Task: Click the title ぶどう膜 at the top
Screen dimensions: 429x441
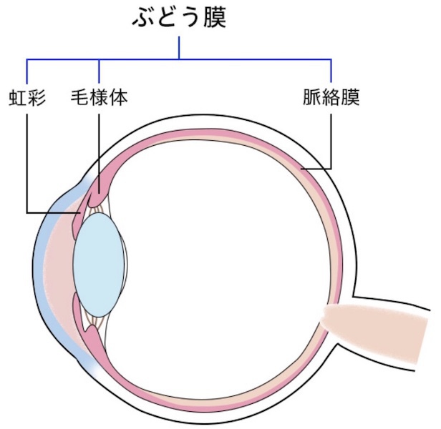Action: pos(178,19)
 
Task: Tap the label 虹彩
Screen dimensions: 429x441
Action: pos(28,98)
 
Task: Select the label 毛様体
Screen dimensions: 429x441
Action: pos(100,98)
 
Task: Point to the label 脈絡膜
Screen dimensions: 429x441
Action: pos(331,98)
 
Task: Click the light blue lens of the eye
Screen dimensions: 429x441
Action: pos(100,262)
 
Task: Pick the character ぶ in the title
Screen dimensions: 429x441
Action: pos(142,19)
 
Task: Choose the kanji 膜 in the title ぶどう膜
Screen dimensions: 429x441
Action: pos(213,19)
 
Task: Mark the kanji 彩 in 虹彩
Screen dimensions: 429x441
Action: pos(37,98)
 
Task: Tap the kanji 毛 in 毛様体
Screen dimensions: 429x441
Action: pos(81,98)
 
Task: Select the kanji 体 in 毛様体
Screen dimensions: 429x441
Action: pos(119,98)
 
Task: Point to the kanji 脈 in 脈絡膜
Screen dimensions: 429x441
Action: pos(312,98)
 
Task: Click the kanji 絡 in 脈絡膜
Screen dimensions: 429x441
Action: pos(331,98)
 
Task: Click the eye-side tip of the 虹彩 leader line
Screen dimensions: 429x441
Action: pos(77,212)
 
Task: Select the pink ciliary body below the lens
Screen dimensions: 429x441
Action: pos(96,336)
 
